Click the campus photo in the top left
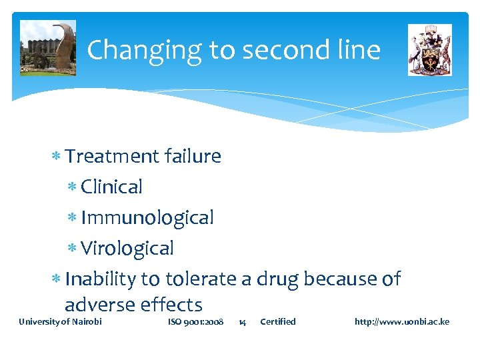pyautogui.click(x=48, y=48)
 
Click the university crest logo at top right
pyautogui.click(x=429, y=50)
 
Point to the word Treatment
pyautogui.click(x=112, y=157)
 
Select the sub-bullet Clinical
pyautogui.click(x=111, y=187)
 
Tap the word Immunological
pyautogui.click(x=147, y=218)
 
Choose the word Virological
pyautogui.click(x=127, y=249)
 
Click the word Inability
pyautogui.click(x=101, y=279)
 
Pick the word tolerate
pyautogui.click(x=201, y=279)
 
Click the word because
pyautogui.click(x=340, y=279)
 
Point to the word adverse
pyautogui.click(x=100, y=305)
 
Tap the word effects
pyautogui.click(x=171, y=305)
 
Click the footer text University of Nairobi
pyautogui.click(x=60, y=322)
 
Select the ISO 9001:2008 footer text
pyautogui.click(x=195, y=322)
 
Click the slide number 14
pyautogui.click(x=242, y=322)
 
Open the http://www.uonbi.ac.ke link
pyautogui.click(x=401, y=322)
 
